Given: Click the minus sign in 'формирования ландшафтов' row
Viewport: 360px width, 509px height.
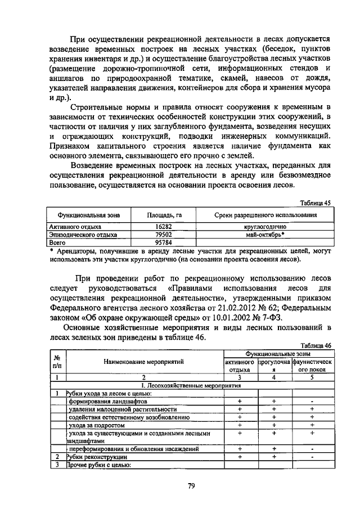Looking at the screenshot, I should [x=312, y=402].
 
